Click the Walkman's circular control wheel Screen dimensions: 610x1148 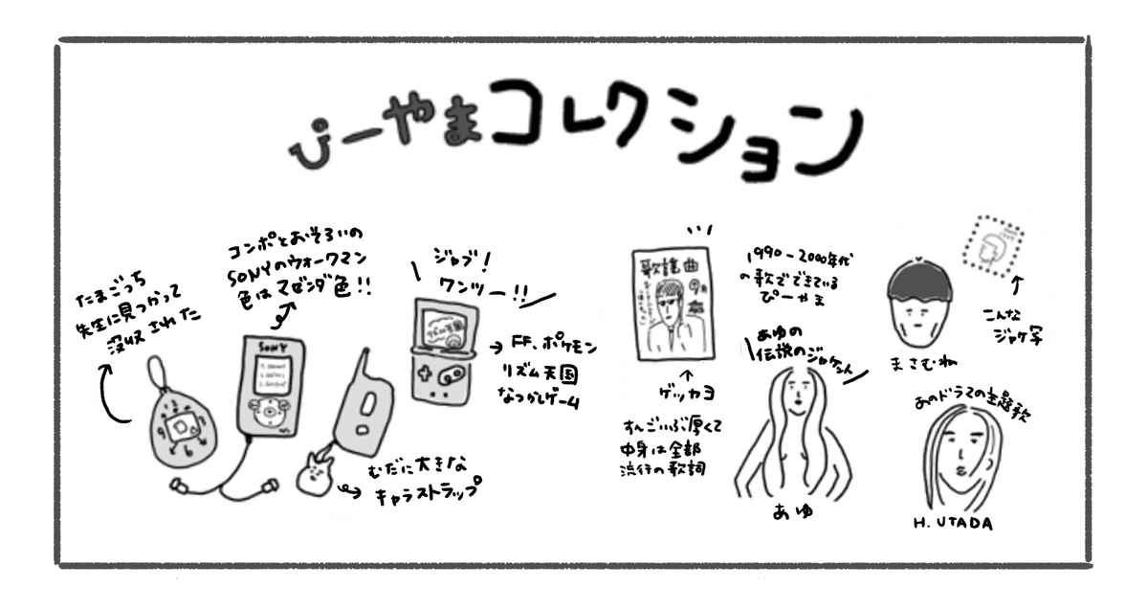272,412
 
